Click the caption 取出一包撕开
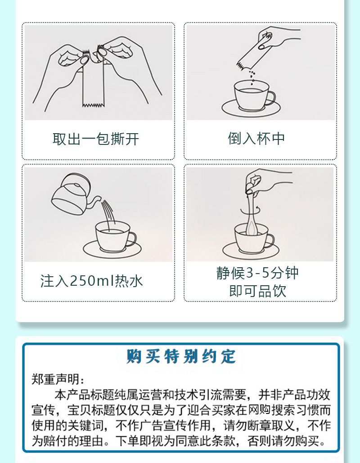click(96, 139)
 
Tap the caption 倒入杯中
click(256, 138)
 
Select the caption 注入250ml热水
click(91, 280)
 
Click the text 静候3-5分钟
click(257, 273)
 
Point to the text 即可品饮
click(257, 291)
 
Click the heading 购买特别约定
click(181, 356)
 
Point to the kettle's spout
click(95, 201)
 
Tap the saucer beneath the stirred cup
click(251, 251)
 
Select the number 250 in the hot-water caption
click(81, 281)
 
